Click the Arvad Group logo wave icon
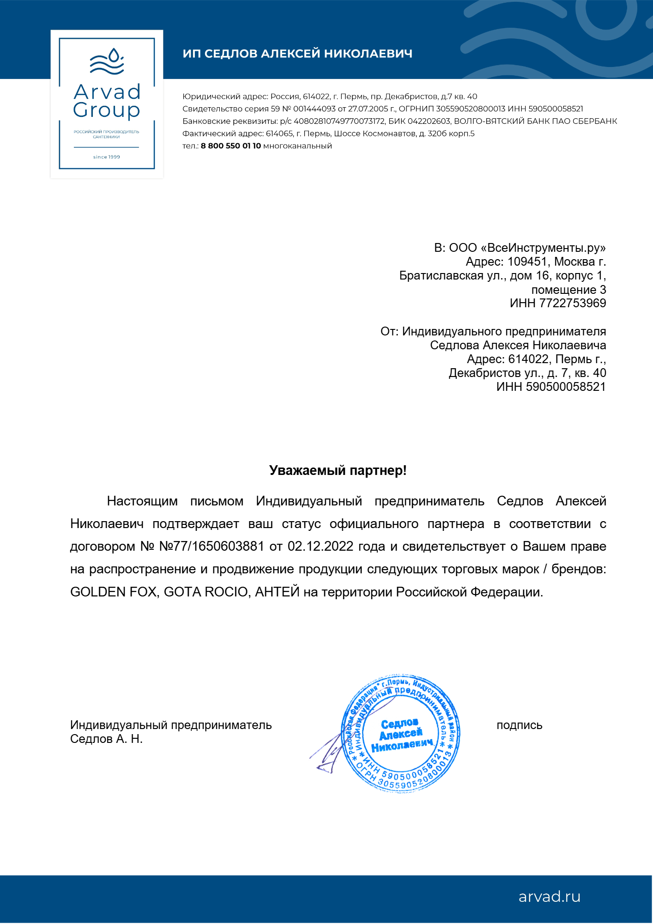click(x=107, y=62)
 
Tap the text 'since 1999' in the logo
click(x=107, y=157)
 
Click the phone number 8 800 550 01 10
click(x=231, y=146)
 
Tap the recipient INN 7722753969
click(x=573, y=304)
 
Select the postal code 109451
click(x=527, y=262)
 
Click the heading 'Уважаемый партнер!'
click(x=338, y=471)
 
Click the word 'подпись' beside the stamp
click(x=519, y=725)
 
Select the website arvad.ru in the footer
click(x=549, y=897)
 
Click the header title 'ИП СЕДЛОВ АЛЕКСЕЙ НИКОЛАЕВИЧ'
click(x=297, y=54)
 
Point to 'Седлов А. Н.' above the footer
click(x=106, y=739)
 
